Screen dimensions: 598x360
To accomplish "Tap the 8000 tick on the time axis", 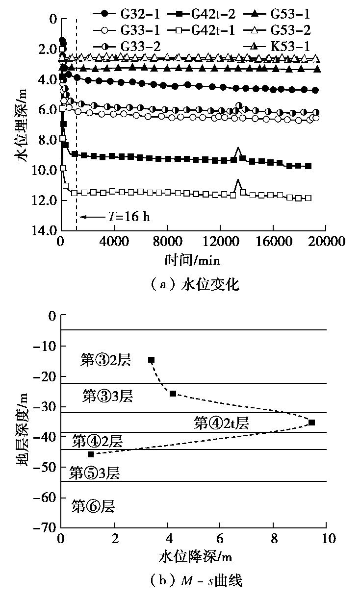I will (x=168, y=242).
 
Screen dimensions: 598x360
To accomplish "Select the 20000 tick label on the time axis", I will (x=326, y=242).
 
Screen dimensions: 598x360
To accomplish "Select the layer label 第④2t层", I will (x=221, y=423).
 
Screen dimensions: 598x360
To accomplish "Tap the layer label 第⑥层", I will (x=93, y=506).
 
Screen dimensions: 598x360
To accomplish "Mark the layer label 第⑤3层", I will (x=94, y=473).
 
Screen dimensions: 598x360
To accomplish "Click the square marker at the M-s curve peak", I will (x=312, y=422).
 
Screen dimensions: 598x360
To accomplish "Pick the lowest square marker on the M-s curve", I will (x=90, y=454).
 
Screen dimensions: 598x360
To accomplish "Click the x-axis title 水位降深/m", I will (x=195, y=557).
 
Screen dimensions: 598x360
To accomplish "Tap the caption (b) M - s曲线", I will (x=195, y=581).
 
